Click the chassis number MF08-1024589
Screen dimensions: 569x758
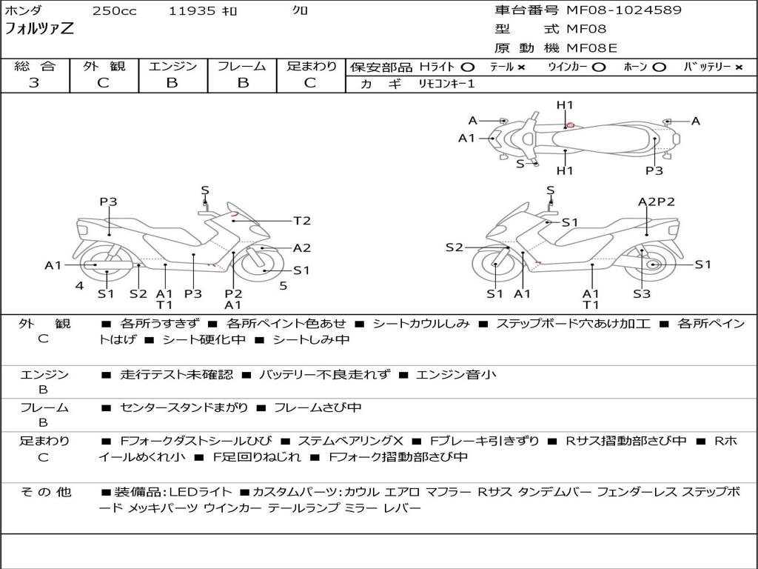pyautogui.click(x=624, y=10)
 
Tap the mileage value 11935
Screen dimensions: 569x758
pyautogui.click(x=192, y=11)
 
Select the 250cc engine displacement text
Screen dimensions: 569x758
pyautogui.click(x=114, y=11)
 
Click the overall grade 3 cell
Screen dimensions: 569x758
pyautogui.click(x=34, y=83)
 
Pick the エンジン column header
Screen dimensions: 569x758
pyautogui.click(x=172, y=67)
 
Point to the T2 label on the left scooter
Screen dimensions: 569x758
pyautogui.click(x=302, y=221)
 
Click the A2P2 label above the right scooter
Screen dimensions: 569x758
pyautogui.click(x=656, y=202)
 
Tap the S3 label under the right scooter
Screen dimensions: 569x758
pyautogui.click(x=642, y=294)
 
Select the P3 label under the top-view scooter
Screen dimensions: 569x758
pyautogui.click(x=654, y=171)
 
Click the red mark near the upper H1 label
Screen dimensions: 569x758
pyautogui.click(x=570, y=125)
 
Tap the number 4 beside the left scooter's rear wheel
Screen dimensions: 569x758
pyautogui.click(x=78, y=286)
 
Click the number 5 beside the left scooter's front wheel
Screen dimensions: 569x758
pyautogui.click(x=283, y=286)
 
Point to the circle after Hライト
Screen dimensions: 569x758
pyautogui.click(x=468, y=67)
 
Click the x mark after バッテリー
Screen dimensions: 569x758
pyautogui.click(x=739, y=67)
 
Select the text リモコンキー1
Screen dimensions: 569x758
pyautogui.click(x=446, y=84)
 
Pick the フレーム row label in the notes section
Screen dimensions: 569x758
pyautogui.click(x=44, y=407)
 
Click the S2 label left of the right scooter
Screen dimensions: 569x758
pyautogui.click(x=454, y=247)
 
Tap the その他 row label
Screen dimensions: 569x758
pyautogui.click(x=44, y=492)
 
